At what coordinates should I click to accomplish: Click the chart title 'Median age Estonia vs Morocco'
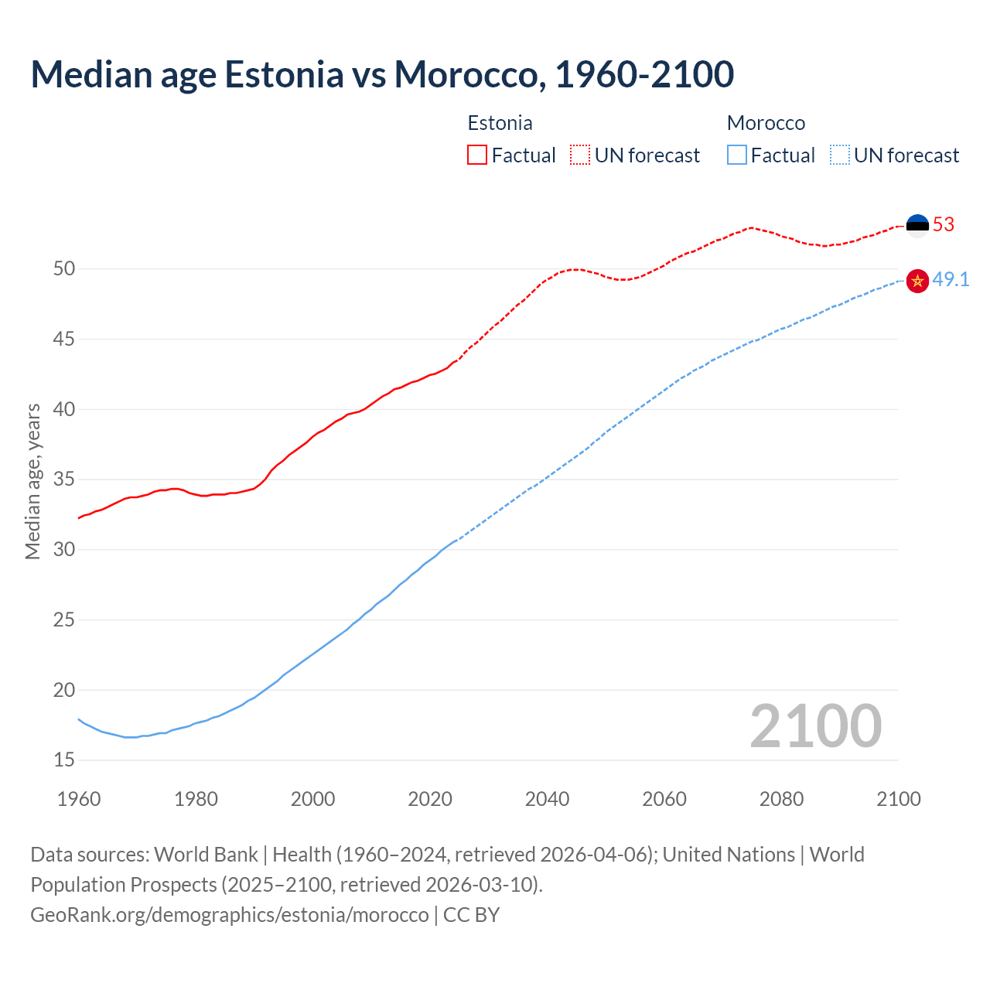382,75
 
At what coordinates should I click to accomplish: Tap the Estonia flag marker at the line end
917,225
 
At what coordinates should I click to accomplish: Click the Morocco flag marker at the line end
917,281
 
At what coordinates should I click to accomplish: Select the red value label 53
944,225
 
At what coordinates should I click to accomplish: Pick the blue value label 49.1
951,280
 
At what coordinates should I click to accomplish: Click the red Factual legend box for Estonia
477,155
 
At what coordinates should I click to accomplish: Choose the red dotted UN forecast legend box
580,155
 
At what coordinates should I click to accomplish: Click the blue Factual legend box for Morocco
737,155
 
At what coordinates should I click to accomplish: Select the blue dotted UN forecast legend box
839,155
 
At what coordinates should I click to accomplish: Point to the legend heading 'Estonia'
500,124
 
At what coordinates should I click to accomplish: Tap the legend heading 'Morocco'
766,124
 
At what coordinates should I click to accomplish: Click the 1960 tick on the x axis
79,799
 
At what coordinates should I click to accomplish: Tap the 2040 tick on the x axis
547,799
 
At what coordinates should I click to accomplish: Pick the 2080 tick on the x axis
781,799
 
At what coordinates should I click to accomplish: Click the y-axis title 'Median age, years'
32,481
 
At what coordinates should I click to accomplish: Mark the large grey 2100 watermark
815,726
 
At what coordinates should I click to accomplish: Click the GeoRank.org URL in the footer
229,915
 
